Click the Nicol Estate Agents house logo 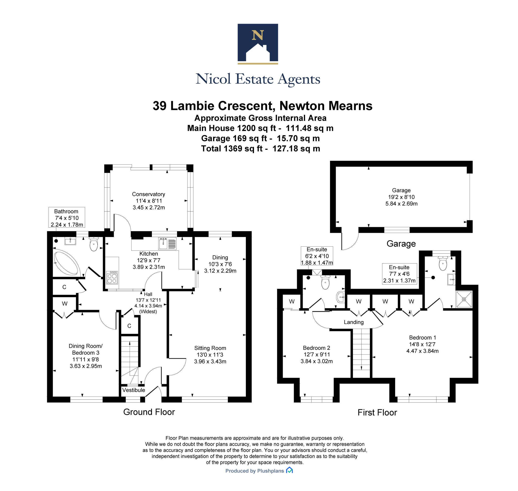pos(258,44)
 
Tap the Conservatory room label pos(149,194)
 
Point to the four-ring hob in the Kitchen pos(112,278)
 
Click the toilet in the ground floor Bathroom pos(94,244)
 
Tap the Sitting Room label pos(210,348)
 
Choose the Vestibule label pos(134,390)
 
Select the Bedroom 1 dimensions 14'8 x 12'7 pos(422,344)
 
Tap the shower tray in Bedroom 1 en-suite pos(464,299)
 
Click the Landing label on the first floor pos(353,322)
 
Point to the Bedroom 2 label pos(316,348)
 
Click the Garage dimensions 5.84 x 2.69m pos(401,204)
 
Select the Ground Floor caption pos(149,412)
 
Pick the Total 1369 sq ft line pos(260,149)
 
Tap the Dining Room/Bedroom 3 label pos(86,349)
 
